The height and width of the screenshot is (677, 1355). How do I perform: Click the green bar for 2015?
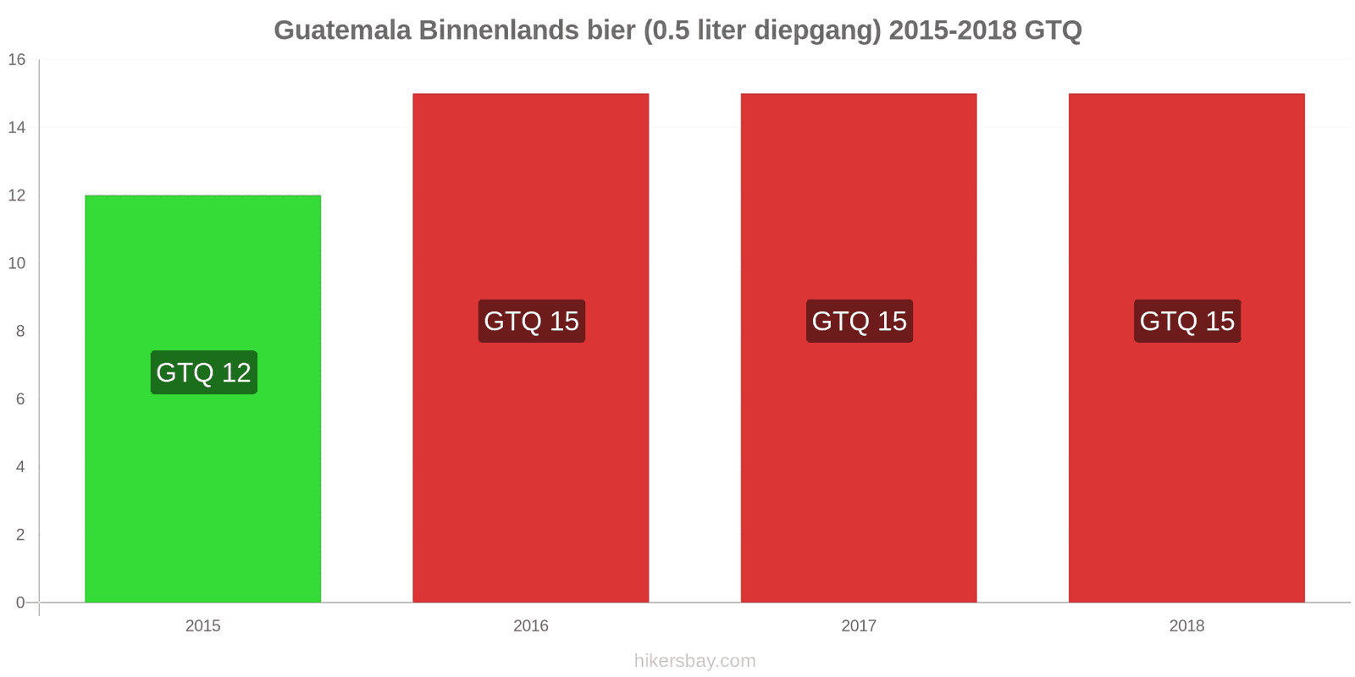coord(202,399)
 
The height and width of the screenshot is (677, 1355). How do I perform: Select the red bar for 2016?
coord(530,348)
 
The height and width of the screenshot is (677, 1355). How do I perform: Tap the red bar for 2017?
coord(859,348)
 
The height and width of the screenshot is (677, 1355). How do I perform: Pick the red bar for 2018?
coord(1186,348)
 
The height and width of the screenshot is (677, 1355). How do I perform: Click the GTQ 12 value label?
coord(204,372)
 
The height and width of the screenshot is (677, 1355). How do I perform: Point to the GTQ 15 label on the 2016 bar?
coord(532,321)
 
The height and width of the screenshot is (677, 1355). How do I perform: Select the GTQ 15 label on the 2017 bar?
coord(860,321)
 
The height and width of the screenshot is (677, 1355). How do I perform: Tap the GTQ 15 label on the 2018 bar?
coord(1187,321)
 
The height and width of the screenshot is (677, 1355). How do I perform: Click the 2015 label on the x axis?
coord(202,625)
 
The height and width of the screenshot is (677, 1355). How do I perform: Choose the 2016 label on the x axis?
coord(530,625)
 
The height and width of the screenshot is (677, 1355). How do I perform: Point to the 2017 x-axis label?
coord(859,625)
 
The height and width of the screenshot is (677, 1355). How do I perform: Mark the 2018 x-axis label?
coord(1186,625)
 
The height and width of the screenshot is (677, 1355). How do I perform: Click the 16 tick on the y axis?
coord(17,59)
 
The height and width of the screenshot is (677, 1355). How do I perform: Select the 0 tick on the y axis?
coord(20,602)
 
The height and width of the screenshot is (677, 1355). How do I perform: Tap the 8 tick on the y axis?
coord(20,331)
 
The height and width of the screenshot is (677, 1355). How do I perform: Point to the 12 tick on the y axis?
coord(17,195)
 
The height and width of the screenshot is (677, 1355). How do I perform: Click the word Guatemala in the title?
coord(342,30)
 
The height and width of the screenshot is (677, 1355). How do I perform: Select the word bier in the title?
coord(611,30)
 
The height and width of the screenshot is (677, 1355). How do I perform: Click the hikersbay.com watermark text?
coord(695,661)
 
